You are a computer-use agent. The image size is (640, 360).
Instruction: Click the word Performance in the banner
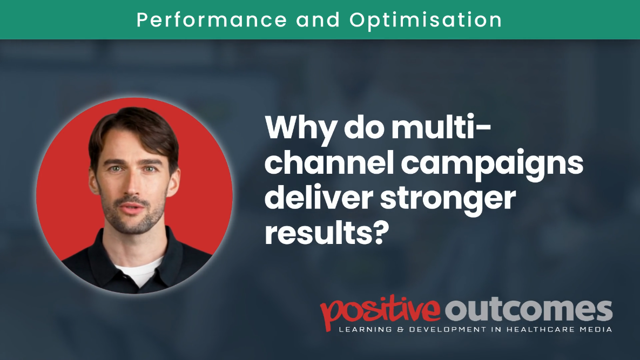tap(211, 20)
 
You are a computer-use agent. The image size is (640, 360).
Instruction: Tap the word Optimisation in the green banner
tap(425, 20)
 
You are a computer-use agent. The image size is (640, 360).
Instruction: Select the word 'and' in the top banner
tap(318, 19)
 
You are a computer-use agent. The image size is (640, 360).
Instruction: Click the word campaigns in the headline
tap(492, 165)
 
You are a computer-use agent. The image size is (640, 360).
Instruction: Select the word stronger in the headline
tap(448, 200)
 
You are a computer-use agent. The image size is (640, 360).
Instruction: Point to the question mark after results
tap(379, 233)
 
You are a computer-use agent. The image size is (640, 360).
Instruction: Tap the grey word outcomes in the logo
tap(529, 311)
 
